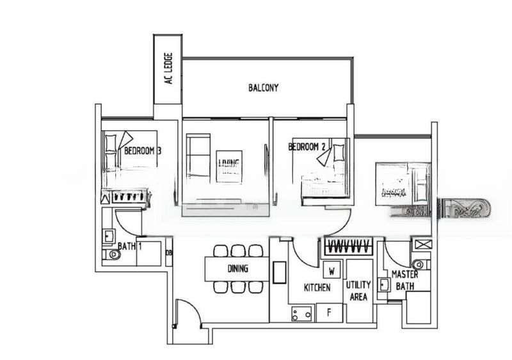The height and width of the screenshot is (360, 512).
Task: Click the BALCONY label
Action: click(264, 88)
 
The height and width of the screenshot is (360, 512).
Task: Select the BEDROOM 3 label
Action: click(142, 151)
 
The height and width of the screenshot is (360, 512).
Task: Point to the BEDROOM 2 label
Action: click(307, 147)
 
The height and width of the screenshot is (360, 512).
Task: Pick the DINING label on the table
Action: click(237, 269)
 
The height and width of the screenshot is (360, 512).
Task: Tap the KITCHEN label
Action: click(317, 288)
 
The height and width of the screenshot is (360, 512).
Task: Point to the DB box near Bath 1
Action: click(169, 252)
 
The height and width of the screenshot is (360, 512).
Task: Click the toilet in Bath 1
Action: click(113, 255)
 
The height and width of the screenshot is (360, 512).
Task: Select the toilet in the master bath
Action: click(418, 264)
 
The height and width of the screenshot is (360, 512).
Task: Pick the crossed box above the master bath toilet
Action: click(422, 244)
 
